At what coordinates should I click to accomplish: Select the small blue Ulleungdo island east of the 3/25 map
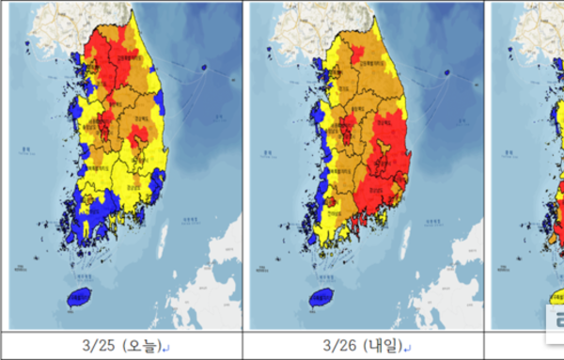(206, 68)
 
